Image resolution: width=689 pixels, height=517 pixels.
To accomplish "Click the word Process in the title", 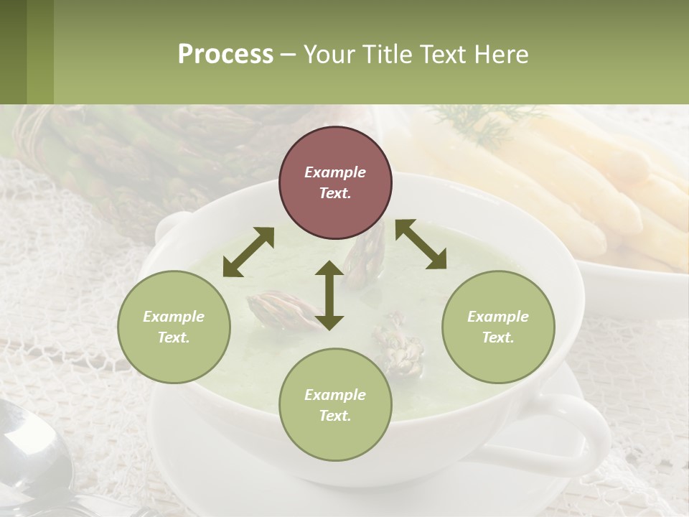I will pyautogui.click(x=225, y=55).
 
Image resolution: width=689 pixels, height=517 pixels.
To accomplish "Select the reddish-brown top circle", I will pyautogui.click(x=335, y=182).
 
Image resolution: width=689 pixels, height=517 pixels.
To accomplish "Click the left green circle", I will pyautogui.click(x=174, y=327).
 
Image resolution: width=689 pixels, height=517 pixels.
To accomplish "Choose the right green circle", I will pyautogui.click(x=498, y=327).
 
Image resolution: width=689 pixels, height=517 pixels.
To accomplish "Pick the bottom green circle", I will pyautogui.click(x=335, y=405).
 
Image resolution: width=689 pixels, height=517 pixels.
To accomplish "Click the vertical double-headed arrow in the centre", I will pyautogui.click(x=329, y=295).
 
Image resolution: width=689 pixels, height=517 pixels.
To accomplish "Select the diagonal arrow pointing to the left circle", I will pyautogui.click(x=248, y=252).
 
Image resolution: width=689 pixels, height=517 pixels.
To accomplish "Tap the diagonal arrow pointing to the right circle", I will pyautogui.click(x=421, y=244).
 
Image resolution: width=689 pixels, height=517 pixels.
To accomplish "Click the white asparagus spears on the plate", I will pyautogui.click(x=574, y=187).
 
